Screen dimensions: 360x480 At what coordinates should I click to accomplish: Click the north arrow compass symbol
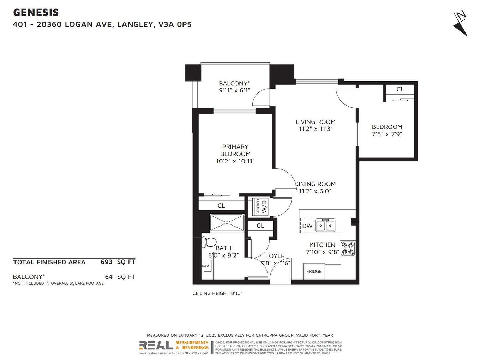click(460, 23)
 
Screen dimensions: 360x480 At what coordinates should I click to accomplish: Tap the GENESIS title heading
click(36, 12)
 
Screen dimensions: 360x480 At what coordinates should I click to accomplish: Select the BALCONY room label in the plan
click(234, 83)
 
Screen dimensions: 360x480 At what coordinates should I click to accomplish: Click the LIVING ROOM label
click(316, 122)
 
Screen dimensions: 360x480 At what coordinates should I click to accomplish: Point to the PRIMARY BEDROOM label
click(235, 150)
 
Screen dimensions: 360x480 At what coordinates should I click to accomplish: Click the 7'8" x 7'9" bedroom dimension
click(387, 134)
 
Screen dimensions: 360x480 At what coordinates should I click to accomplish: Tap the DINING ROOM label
click(315, 184)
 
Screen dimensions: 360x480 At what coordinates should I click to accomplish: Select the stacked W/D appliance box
click(260, 207)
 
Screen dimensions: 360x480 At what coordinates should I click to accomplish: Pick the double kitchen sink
click(325, 225)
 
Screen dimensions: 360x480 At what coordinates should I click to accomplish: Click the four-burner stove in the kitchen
click(348, 248)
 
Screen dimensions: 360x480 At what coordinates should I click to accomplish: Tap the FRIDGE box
click(314, 271)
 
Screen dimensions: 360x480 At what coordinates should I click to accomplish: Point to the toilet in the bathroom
click(209, 242)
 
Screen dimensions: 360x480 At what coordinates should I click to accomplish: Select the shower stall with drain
click(227, 223)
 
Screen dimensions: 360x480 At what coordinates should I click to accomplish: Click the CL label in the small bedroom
click(400, 89)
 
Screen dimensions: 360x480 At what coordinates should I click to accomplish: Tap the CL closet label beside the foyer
click(260, 226)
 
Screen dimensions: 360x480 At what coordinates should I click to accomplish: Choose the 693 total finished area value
click(106, 262)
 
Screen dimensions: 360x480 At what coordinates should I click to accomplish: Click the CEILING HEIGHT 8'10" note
click(217, 293)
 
